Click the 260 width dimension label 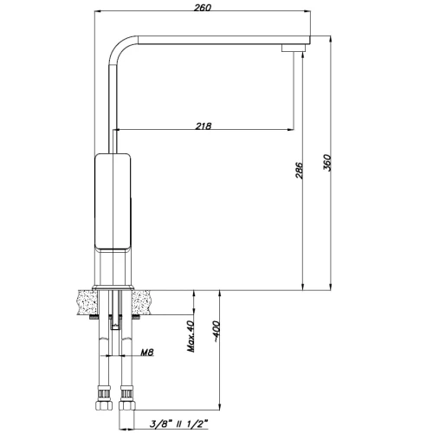pos(203,8)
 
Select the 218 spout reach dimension pos(204,126)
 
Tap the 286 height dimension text pos(300,171)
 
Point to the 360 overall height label pos(327,163)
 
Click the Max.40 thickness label pos(191,336)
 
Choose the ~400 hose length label pos(216,332)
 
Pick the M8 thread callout pos(147,352)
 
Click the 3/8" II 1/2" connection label pos(179,424)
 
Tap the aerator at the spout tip pos(293,48)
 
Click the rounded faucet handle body pos(113,202)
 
